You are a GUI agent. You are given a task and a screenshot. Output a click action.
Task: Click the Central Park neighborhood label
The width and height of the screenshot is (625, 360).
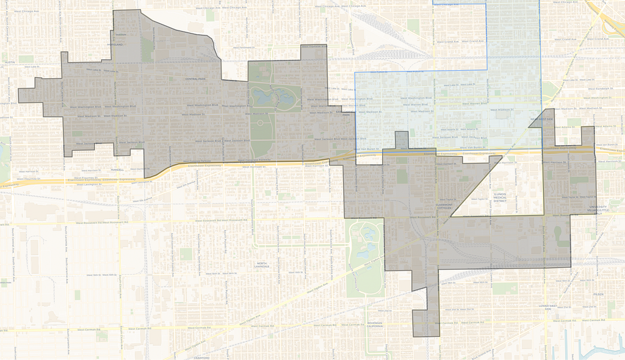click(197, 79)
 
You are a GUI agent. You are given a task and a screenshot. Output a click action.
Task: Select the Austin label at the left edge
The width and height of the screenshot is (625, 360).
click(9, 62)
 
